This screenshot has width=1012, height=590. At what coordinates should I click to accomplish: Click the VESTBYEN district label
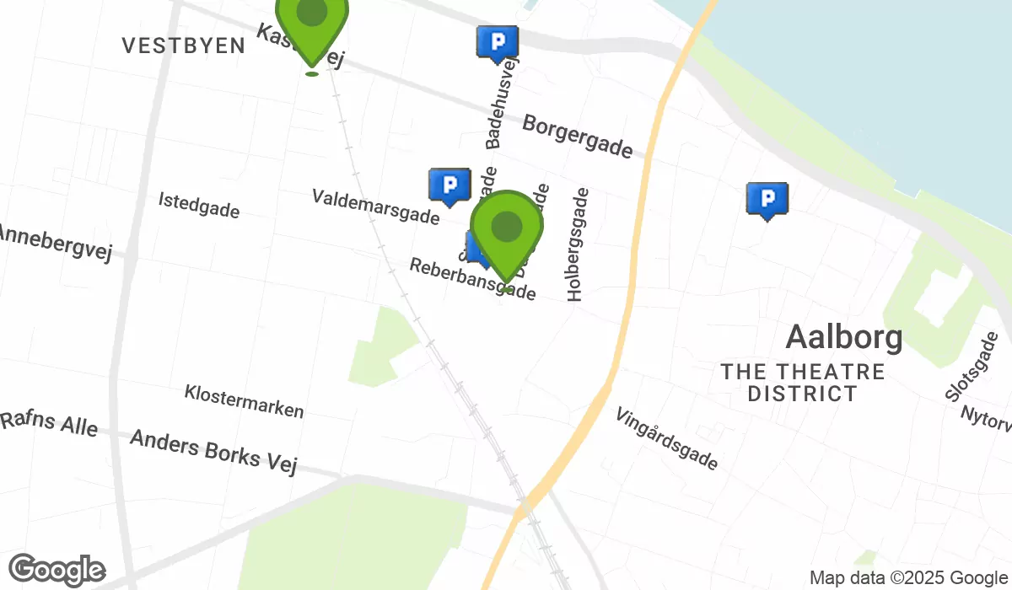[x=183, y=46]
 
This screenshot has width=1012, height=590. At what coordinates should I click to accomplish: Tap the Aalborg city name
[x=844, y=338]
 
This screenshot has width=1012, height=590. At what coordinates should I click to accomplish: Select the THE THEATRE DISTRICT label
[x=803, y=383]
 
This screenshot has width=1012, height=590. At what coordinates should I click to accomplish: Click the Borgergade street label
[x=578, y=137]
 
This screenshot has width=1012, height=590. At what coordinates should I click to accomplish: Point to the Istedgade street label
[x=199, y=205]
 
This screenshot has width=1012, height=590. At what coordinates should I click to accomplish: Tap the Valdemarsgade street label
[x=375, y=207]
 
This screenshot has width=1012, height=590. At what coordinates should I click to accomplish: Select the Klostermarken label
[x=244, y=401]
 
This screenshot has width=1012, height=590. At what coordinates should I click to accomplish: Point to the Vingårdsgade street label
[x=667, y=439]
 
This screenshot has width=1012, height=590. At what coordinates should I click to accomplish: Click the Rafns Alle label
[x=49, y=424]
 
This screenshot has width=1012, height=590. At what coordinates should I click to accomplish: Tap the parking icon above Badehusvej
[x=498, y=42]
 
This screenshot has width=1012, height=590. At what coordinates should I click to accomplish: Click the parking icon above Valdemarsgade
[x=449, y=185]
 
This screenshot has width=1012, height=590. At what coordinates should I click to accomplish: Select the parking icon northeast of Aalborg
[x=767, y=200]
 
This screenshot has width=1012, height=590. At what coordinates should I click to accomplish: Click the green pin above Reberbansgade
[x=506, y=230]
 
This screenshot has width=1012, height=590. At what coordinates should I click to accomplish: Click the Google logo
[x=57, y=570]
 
